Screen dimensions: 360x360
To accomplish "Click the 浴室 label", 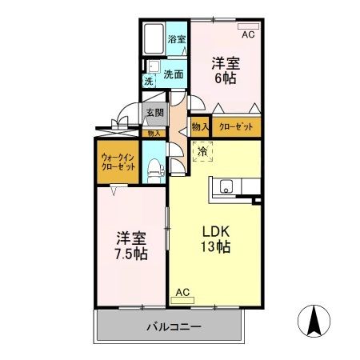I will tap(176, 39).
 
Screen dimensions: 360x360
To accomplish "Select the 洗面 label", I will tap(174, 74).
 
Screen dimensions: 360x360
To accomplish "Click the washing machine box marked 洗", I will tap(149, 81).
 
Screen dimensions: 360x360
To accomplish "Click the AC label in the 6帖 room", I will tap(247, 35).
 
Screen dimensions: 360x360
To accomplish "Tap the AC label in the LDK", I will tap(182, 292).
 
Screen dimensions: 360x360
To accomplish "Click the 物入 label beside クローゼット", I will tap(199, 126).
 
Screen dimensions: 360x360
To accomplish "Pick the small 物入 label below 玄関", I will tap(153, 133).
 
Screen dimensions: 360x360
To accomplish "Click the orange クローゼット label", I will tap(236, 126).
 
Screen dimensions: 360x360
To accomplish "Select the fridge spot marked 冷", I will tap(203, 150).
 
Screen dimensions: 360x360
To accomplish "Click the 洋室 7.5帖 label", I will tap(130, 246).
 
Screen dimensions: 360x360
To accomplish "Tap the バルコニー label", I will tap(173, 327).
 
